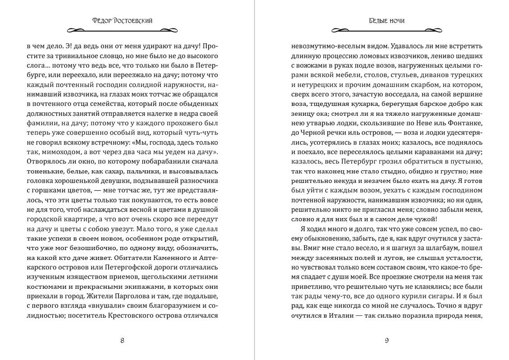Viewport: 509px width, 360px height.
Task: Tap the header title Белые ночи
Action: click(x=386, y=20)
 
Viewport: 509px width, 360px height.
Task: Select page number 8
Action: click(x=123, y=340)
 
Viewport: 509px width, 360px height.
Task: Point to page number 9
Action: click(x=386, y=340)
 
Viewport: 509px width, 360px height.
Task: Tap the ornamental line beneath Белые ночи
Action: click(x=386, y=31)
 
